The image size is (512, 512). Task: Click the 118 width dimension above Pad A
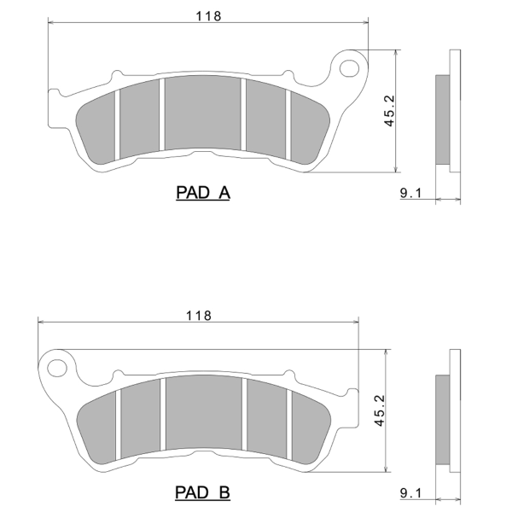coord(208,16)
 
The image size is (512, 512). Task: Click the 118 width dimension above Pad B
coord(199,316)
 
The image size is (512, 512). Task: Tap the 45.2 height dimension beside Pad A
coord(389,111)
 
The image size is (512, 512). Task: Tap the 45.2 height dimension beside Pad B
coord(380,410)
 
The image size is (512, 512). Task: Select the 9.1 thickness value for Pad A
coord(410,193)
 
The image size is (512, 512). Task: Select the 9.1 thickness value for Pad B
coord(410,493)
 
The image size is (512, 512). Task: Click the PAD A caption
coord(203,192)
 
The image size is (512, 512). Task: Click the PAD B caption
coord(202,492)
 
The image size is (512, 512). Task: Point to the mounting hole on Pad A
coord(349,68)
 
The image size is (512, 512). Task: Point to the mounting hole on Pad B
coord(57,368)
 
